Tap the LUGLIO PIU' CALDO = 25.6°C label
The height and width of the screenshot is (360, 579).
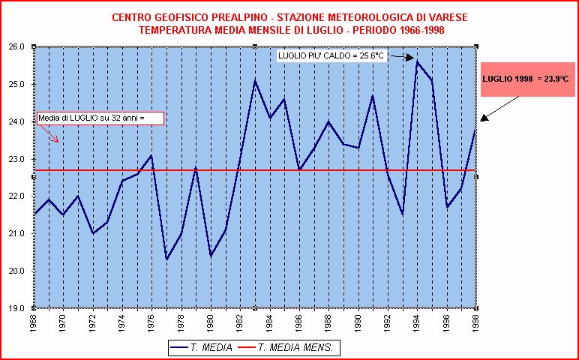click(x=332, y=56)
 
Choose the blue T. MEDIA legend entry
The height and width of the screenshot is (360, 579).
click(x=201, y=348)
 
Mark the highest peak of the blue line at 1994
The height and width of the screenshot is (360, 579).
click(x=417, y=61)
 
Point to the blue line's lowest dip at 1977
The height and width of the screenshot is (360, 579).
click(x=166, y=259)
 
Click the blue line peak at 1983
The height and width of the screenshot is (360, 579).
click(x=254, y=80)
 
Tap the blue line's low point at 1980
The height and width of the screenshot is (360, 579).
click(x=211, y=256)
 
